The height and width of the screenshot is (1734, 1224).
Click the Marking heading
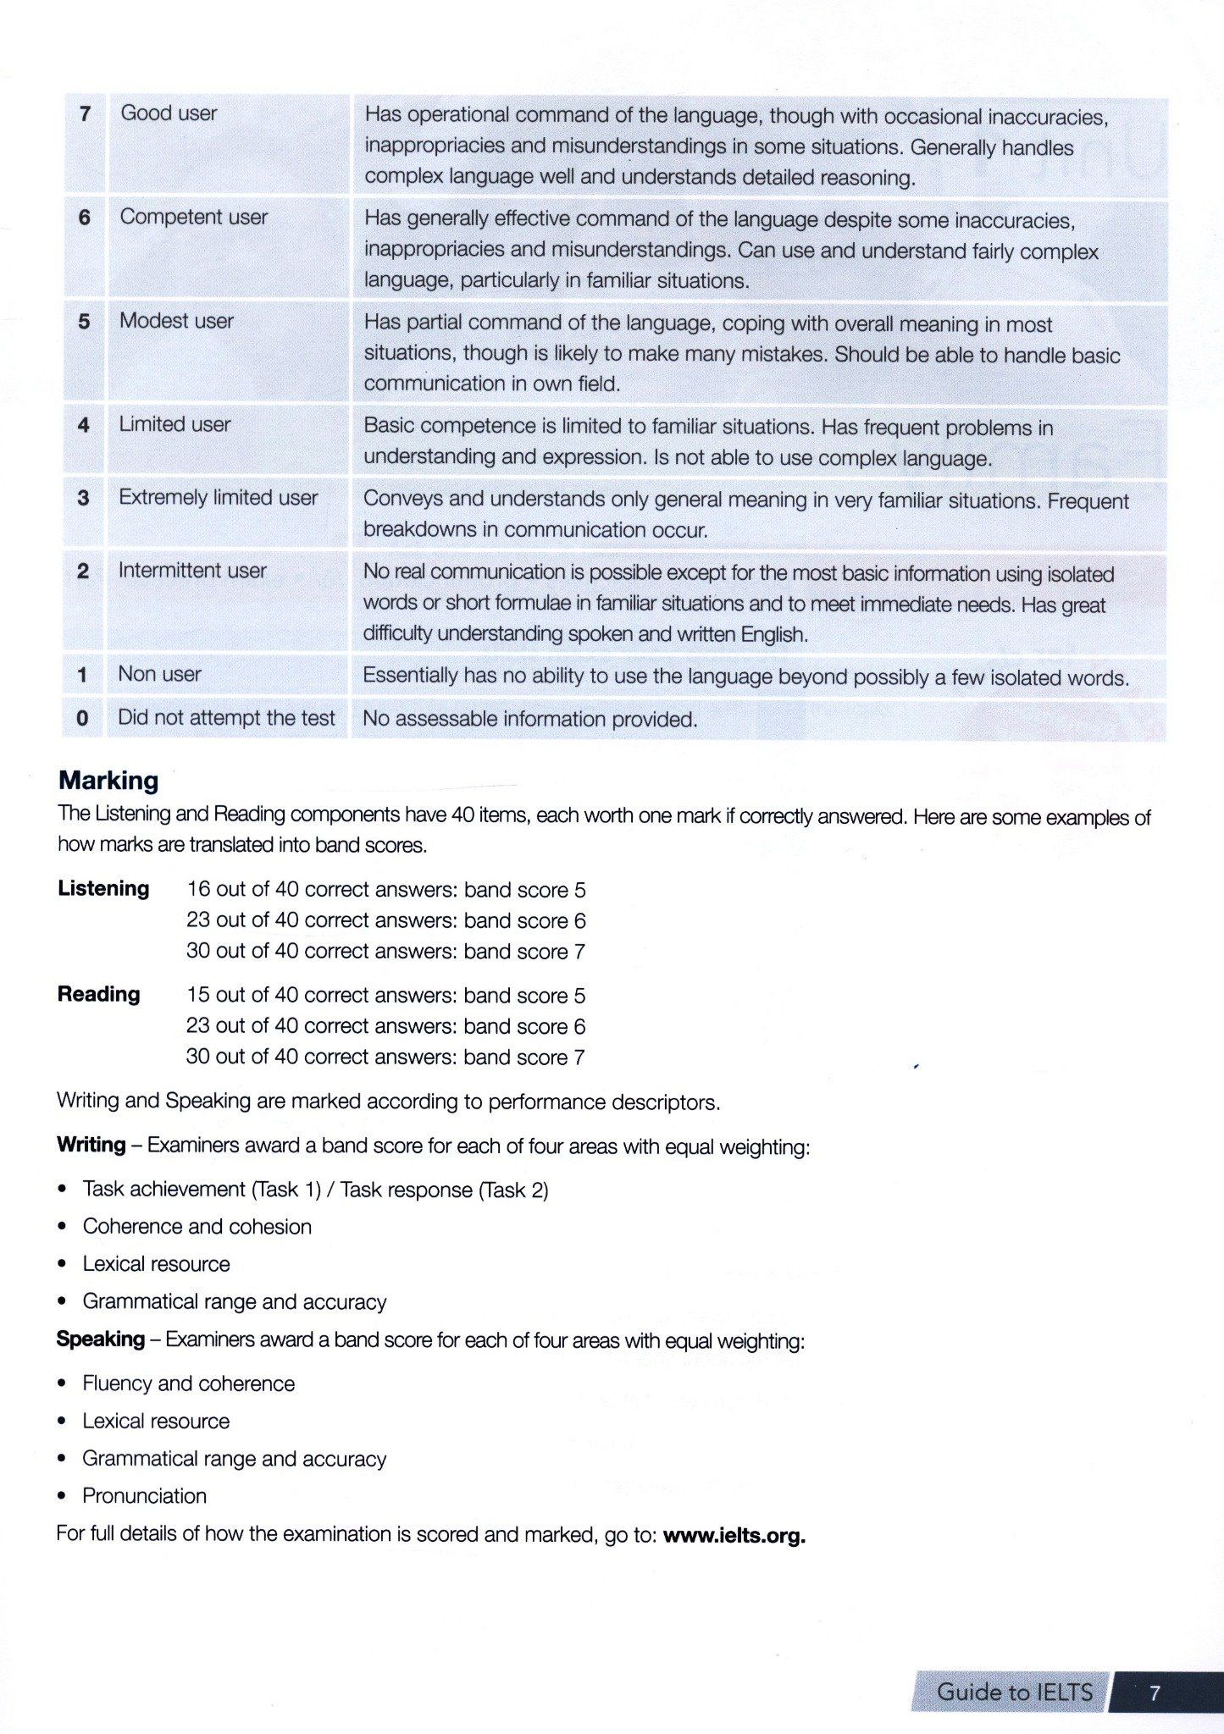click(108, 780)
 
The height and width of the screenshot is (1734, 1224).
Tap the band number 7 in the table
click(85, 113)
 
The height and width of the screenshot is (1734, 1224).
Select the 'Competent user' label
click(193, 217)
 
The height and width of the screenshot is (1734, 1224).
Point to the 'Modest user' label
click(176, 321)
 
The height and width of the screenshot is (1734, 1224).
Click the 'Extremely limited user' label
click(218, 497)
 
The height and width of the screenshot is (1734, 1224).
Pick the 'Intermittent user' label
click(192, 571)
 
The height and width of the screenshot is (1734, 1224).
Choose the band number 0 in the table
click(82, 719)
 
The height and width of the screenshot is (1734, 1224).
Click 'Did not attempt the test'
click(226, 718)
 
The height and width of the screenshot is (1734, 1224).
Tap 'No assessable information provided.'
click(529, 720)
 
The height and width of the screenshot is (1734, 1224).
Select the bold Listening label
click(103, 888)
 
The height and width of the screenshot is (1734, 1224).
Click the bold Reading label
click(98, 994)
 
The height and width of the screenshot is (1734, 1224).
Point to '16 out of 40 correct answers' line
click(385, 890)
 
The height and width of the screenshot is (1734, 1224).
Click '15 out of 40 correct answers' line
click(385, 996)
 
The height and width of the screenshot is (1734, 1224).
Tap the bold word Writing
click(91, 1145)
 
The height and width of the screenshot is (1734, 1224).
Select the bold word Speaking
click(100, 1339)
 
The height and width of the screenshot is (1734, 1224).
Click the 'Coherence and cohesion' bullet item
click(197, 1227)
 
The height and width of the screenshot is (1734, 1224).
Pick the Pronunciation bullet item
click(144, 1496)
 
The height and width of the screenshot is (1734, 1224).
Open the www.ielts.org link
click(734, 1536)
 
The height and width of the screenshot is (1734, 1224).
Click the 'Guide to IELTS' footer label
click(1014, 1692)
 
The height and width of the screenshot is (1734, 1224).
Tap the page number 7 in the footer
click(1155, 1693)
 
